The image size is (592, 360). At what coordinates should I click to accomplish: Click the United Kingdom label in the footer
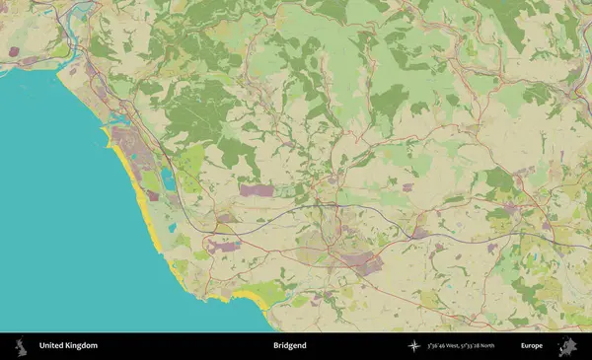pos(68,346)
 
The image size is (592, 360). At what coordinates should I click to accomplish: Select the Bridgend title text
pos(290,346)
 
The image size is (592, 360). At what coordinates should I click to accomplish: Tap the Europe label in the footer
pos(532,346)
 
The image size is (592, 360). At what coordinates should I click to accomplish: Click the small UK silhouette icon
pos(20,346)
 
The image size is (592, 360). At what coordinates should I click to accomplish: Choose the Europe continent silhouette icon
pos(568,346)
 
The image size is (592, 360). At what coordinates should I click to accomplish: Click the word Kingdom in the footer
pos(82,346)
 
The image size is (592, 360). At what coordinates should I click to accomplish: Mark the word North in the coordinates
pos(500,346)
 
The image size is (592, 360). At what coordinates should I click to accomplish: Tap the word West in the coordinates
pos(453,346)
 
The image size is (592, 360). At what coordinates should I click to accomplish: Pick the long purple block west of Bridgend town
pos(259,189)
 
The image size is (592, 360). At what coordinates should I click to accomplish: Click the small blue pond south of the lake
pos(172,226)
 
